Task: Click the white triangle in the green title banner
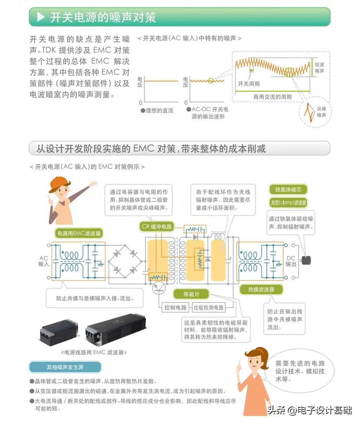point(41,17)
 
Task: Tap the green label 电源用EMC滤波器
point(79,233)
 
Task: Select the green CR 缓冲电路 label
point(157,226)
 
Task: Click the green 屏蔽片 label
point(191,294)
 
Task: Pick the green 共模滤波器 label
point(261,289)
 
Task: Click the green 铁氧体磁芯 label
point(288,190)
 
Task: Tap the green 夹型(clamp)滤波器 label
point(288,202)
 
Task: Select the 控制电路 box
point(175,308)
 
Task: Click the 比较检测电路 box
point(209,308)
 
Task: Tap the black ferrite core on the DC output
point(306,261)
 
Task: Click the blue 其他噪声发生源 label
point(65,367)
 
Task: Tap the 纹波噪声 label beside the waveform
point(320,68)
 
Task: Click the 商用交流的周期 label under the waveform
point(273,97)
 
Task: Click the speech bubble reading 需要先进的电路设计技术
point(300,371)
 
